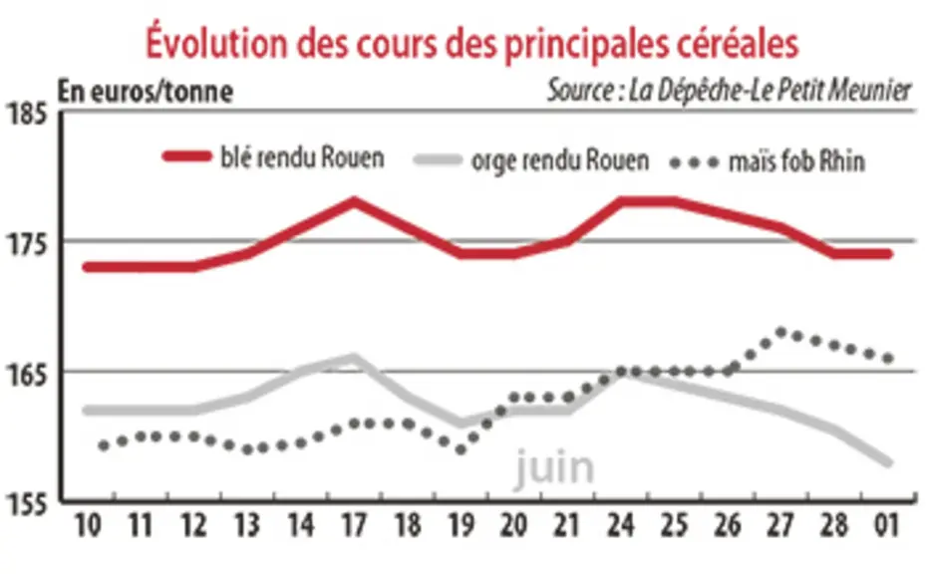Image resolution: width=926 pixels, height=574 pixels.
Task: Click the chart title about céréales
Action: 471,42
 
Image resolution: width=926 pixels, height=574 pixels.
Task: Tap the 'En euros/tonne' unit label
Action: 146,92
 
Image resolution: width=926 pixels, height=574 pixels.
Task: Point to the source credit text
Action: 730,91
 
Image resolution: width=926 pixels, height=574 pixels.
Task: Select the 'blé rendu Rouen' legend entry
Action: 273,157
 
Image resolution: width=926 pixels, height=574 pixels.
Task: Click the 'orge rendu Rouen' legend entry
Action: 531,160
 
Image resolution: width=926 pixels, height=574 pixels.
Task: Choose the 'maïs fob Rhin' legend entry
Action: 768,160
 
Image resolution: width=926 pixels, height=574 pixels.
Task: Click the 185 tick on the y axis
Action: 26,113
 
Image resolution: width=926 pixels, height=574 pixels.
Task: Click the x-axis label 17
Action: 354,525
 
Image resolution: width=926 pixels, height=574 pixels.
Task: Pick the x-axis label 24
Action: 621,525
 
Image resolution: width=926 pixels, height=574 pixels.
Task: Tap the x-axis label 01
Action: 887,525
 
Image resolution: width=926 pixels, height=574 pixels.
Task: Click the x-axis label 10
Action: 88,525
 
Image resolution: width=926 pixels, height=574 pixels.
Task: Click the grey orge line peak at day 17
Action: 354,358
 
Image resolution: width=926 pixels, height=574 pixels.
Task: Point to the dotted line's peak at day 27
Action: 780,333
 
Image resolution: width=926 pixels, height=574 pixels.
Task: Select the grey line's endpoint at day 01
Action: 887,461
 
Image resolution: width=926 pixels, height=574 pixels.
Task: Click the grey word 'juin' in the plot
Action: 554,467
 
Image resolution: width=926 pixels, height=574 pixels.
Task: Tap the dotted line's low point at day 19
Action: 461,450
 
